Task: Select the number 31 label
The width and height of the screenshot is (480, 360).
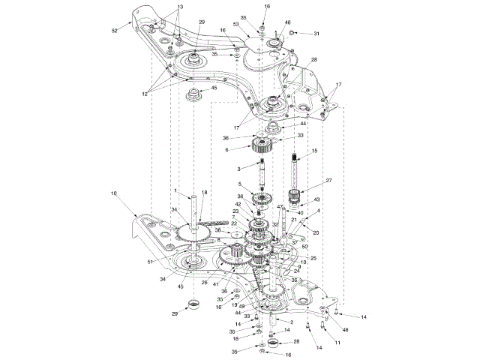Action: pyautogui.click(x=316, y=34)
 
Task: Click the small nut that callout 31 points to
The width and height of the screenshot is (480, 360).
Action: pyautogui.click(x=292, y=33)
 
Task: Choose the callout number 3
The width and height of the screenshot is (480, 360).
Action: pyautogui.click(x=238, y=169)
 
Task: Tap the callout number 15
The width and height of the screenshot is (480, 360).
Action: pyautogui.click(x=314, y=151)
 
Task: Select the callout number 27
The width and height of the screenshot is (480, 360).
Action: pyautogui.click(x=328, y=181)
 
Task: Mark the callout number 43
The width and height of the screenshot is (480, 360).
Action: pyautogui.click(x=316, y=199)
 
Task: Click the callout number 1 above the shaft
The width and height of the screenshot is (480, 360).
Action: pyautogui.click(x=175, y=190)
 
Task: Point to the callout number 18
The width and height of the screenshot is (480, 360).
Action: pyautogui.click(x=204, y=193)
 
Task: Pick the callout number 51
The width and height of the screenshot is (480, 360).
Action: pyautogui.click(x=150, y=262)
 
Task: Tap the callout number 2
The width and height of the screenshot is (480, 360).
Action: pyautogui.click(x=280, y=322)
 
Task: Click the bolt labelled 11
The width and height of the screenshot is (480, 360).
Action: pyautogui.click(x=323, y=325)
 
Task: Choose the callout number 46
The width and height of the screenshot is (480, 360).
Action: pyautogui.click(x=287, y=24)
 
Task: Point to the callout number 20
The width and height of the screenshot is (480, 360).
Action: pyautogui.click(x=316, y=233)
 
